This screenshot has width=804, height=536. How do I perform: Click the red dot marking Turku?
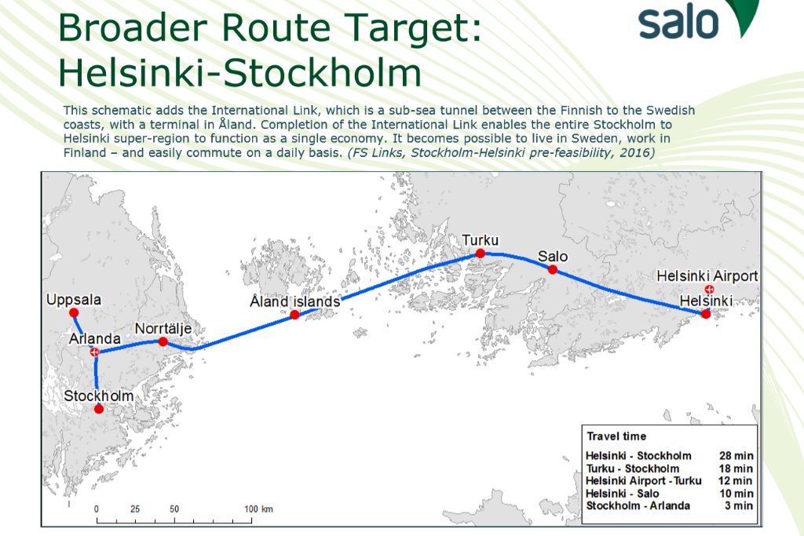(x=480, y=253)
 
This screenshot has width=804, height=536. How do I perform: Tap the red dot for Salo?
(x=552, y=269)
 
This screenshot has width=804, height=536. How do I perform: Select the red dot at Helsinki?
(x=705, y=314)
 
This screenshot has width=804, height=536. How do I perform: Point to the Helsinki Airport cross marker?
(x=710, y=289)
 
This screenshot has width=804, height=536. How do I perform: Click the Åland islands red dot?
(x=294, y=315)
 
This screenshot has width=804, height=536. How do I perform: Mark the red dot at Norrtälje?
(x=163, y=341)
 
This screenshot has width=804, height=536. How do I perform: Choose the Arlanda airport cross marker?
(x=94, y=352)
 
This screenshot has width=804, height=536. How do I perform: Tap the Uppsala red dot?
(x=74, y=312)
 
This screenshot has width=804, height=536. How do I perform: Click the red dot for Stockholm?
(x=98, y=409)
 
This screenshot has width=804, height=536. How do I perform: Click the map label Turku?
(x=480, y=240)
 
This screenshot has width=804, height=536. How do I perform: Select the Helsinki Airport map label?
(x=707, y=275)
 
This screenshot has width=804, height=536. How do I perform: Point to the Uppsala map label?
(x=74, y=300)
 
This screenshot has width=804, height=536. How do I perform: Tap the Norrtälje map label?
(x=163, y=328)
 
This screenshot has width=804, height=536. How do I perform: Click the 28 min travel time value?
(x=736, y=456)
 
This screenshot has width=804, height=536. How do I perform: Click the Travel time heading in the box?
(x=616, y=436)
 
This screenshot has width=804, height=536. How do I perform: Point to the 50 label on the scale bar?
(x=174, y=509)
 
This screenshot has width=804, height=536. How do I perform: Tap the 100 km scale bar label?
(x=257, y=509)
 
